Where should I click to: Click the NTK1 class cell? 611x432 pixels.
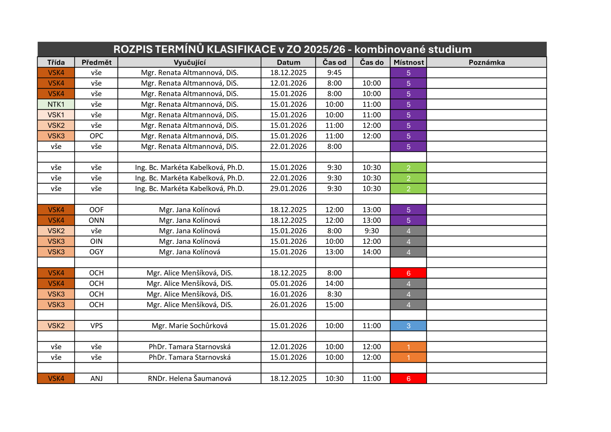click(x=56, y=104)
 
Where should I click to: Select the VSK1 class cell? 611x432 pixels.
click(x=56, y=115)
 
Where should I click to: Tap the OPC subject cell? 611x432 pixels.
click(x=96, y=136)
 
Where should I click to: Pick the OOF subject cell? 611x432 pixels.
click(x=96, y=210)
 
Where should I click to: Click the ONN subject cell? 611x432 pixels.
click(x=96, y=220)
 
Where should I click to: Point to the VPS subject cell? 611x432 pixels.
click(x=96, y=326)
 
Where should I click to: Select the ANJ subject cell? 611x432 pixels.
click(x=96, y=379)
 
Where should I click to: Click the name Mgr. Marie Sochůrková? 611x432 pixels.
click(x=189, y=326)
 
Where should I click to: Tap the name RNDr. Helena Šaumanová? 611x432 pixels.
click(x=189, y=379)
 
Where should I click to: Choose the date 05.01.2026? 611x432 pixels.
click(x=288, y=283)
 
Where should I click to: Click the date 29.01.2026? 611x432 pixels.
click(x=288, y=188)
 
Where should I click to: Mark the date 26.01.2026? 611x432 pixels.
click(x=288, y=305)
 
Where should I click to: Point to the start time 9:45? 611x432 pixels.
click(x=334, y=73)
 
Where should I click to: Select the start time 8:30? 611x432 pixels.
click(x=334, y=294)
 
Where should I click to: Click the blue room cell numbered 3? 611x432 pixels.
click(x=408, y=326)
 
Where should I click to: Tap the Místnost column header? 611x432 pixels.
click(x=409, y=62)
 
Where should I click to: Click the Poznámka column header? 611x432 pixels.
click(x=487, y=62)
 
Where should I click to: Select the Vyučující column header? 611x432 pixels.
click(x=189, y=62)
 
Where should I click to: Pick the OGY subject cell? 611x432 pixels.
click(x=96, y=252)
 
